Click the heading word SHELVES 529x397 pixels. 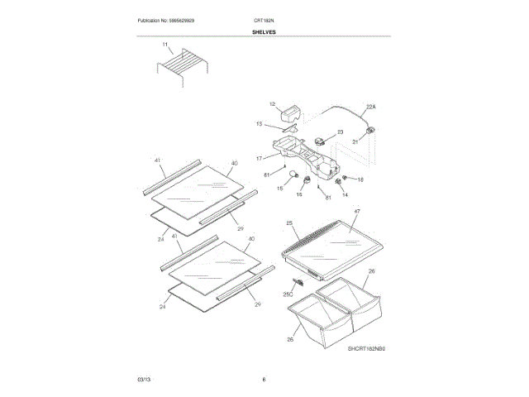264,32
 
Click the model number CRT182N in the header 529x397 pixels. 264,20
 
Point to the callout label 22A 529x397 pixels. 371,107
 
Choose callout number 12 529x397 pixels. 272,104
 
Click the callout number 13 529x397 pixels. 259,124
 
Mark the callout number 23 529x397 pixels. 340,132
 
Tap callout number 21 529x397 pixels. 356,142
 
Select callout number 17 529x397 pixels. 258,157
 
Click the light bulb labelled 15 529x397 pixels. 291,174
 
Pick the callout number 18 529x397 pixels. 360,179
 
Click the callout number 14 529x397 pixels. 346,194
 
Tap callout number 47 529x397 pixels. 357,213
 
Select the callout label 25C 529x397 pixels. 288,294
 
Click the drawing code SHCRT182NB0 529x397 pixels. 367,349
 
